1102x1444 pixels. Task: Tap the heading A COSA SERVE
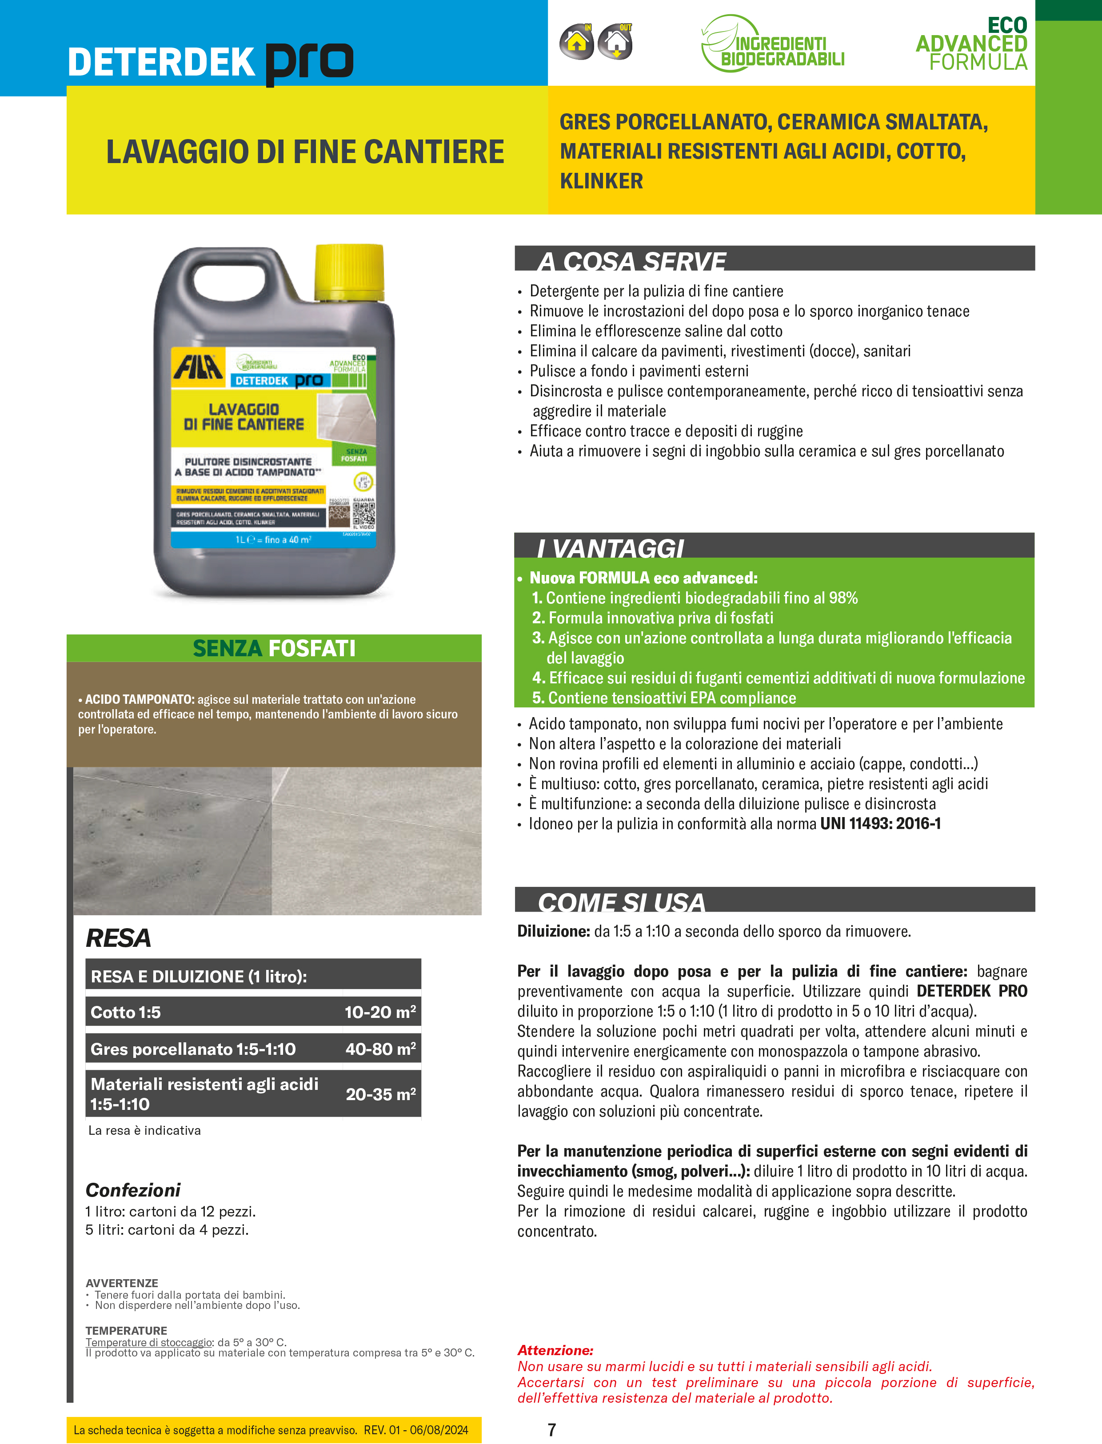[x=632, y=260]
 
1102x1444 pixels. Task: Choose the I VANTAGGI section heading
[x=611, y=547]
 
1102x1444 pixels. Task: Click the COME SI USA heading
[x=621, y=902]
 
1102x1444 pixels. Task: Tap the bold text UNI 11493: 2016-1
[x=880, y=824]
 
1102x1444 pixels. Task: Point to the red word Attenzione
[x=555, y=1350]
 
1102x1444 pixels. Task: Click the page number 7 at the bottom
[x=551, y=1430]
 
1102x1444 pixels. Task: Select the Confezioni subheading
[x=133, y=1190]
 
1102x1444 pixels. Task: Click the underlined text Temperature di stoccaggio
[x=149, y=1342]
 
